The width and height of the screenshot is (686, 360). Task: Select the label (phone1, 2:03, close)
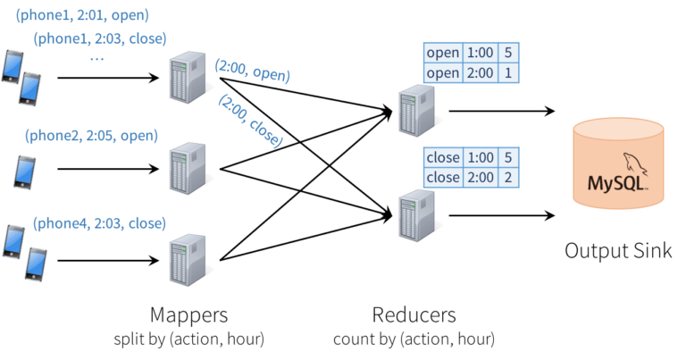100,39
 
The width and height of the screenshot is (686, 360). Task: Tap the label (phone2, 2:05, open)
92,136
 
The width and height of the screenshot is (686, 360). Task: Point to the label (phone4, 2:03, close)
98,222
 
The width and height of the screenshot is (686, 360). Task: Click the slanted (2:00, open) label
252,71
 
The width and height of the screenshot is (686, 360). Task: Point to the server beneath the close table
414,214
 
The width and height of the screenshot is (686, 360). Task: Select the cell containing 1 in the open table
507,73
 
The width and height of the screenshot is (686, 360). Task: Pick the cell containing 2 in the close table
507,178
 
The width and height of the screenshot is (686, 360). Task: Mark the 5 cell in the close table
507,157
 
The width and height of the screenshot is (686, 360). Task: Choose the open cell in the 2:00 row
443,73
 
